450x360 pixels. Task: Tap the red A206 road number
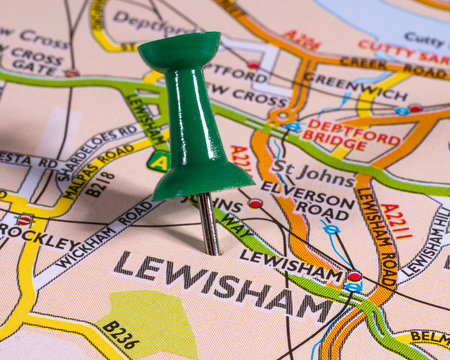coord(301,40)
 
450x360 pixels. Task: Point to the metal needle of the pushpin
coord(208,224)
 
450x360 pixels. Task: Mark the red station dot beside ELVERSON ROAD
coord(255,204)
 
